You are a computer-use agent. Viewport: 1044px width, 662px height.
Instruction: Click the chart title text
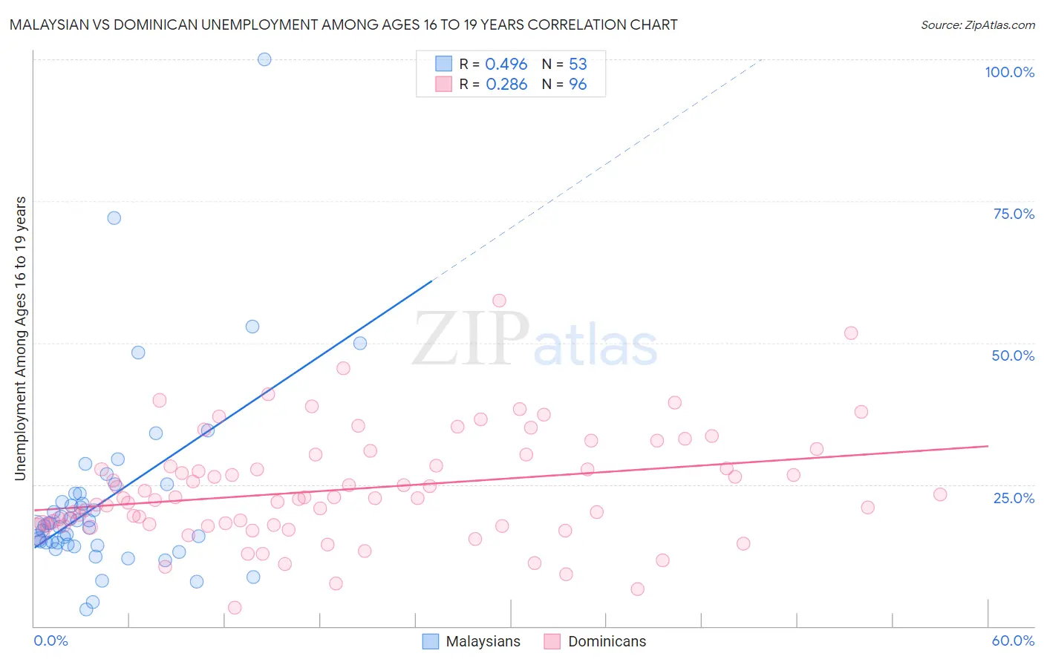click(x=343, y=24)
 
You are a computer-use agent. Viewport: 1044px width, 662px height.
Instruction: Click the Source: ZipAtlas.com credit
click(x=977, y=24)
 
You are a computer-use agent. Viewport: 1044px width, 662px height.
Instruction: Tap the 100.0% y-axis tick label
click(x=1009, y=72)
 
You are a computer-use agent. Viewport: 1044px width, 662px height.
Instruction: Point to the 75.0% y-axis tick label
click(x=1013, y=214)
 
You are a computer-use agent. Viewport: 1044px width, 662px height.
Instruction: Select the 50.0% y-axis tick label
click(x=1013, y=355)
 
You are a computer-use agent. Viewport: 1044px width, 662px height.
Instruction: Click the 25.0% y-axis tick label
click(x=1013, y=497)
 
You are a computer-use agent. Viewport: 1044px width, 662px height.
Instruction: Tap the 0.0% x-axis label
click(x=50, y=640)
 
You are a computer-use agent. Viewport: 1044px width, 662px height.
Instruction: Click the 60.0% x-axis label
click(x=1013, y=640)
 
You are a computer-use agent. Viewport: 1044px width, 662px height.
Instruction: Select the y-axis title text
click(x=20, y=338)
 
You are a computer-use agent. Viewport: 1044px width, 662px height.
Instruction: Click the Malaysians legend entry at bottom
click(x=472, y=641)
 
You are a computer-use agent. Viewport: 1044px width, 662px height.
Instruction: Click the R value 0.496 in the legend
click(x=506, y=65)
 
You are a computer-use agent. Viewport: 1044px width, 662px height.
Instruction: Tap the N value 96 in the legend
click(x=578, y=85)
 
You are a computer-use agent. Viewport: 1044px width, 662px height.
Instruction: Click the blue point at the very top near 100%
click(x=264, y=59)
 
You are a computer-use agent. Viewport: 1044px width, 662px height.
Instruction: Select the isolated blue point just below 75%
click(x=114, y=217)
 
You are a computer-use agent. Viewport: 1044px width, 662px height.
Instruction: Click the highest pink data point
click(x=499, y=301)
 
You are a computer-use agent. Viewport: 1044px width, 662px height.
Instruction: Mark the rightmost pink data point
click(x=940, y=494)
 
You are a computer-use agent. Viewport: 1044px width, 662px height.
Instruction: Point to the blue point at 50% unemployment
click(x=360, y=343)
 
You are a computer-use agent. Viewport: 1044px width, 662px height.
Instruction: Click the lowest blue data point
click(x=86, y=609)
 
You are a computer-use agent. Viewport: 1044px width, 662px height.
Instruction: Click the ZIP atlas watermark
click(x=535, y=339)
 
